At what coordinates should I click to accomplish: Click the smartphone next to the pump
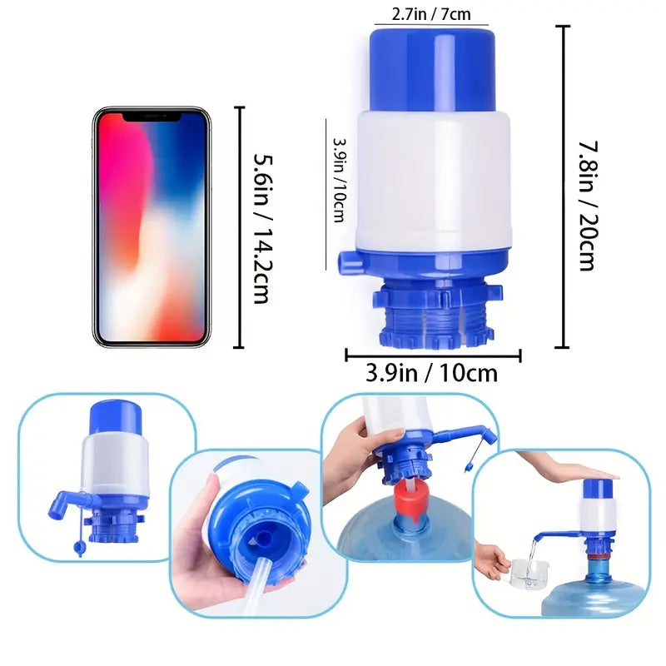tap(151, 226)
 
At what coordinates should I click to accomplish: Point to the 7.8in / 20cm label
tap(587, 205)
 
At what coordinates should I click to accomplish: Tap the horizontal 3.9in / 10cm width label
tap(431, 373)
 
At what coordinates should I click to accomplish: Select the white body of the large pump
tap(432, 179)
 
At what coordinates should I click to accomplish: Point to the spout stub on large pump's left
tap(348, 263)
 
